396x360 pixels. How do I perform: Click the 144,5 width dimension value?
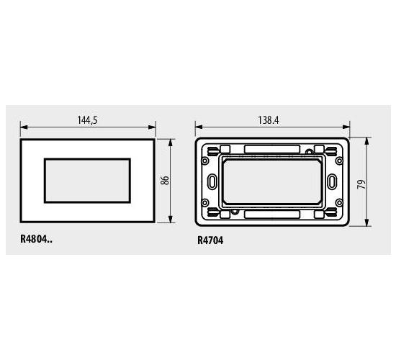[87, 120]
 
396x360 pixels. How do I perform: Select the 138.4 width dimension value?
[269, 120]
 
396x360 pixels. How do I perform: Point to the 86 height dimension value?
[165, 181]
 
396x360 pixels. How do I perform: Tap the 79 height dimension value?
[361, 184]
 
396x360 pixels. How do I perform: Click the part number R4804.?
[37, 239]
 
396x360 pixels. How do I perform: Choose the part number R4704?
[210, 240]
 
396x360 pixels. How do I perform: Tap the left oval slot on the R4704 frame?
[212, 181]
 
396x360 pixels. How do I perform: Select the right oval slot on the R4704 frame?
[332, 181]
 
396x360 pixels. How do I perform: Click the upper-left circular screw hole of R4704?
[204, 161]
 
